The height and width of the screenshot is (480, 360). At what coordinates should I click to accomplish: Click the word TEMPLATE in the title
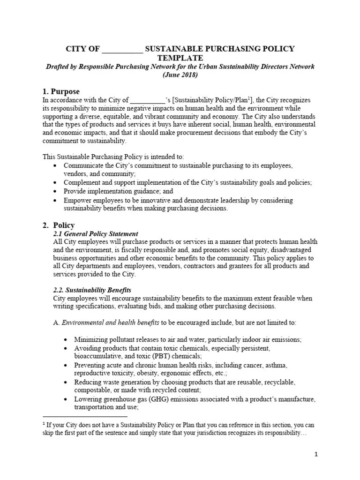point(180,58)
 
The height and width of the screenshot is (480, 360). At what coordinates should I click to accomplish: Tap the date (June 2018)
point(180,75)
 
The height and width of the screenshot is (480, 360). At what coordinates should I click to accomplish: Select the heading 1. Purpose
point(61,91)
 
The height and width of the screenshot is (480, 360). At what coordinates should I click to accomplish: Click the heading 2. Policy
point(59,225)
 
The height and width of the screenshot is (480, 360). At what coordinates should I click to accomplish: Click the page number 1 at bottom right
point(316,455)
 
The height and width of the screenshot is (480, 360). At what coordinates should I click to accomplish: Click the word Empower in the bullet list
point(77,200)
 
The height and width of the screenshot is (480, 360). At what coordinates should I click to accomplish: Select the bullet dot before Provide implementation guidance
point(57,192)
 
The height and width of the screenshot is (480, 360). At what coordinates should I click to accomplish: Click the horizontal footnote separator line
point(85,416)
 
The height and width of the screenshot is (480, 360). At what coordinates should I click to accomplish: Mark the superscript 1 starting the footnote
point(44,424)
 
